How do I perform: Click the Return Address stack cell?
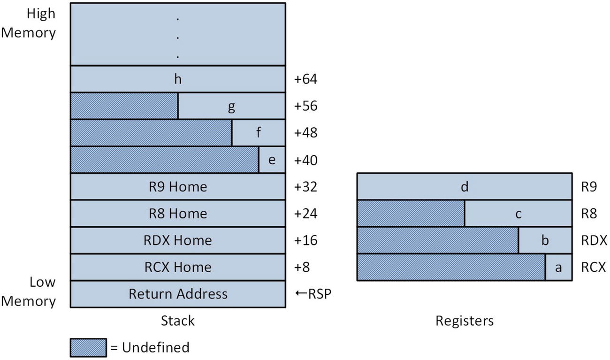(x=178, y=294)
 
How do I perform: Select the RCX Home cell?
(x=178, y=268)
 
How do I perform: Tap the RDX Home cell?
(x=178, y=241)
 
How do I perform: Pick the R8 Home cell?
(x=178, y=214)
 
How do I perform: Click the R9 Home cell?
(x=178, y=187)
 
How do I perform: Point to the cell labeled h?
(x=178, y=79)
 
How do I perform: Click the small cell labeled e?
(x=272, y=160)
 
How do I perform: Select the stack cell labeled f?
(x=259, y=133)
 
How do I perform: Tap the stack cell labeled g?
(x=231, y=107)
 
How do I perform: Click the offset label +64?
(x=306, y=79)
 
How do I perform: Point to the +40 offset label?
(x=306, y=161)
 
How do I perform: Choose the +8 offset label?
(x=303, y=268)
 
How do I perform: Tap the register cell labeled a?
(x=558, y=268)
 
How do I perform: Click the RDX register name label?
(x=594, y=241)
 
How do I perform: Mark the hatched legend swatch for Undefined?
(x=89, y=348)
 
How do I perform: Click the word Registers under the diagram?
(x=465, y=321)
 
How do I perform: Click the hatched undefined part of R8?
(x=411, y=214)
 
